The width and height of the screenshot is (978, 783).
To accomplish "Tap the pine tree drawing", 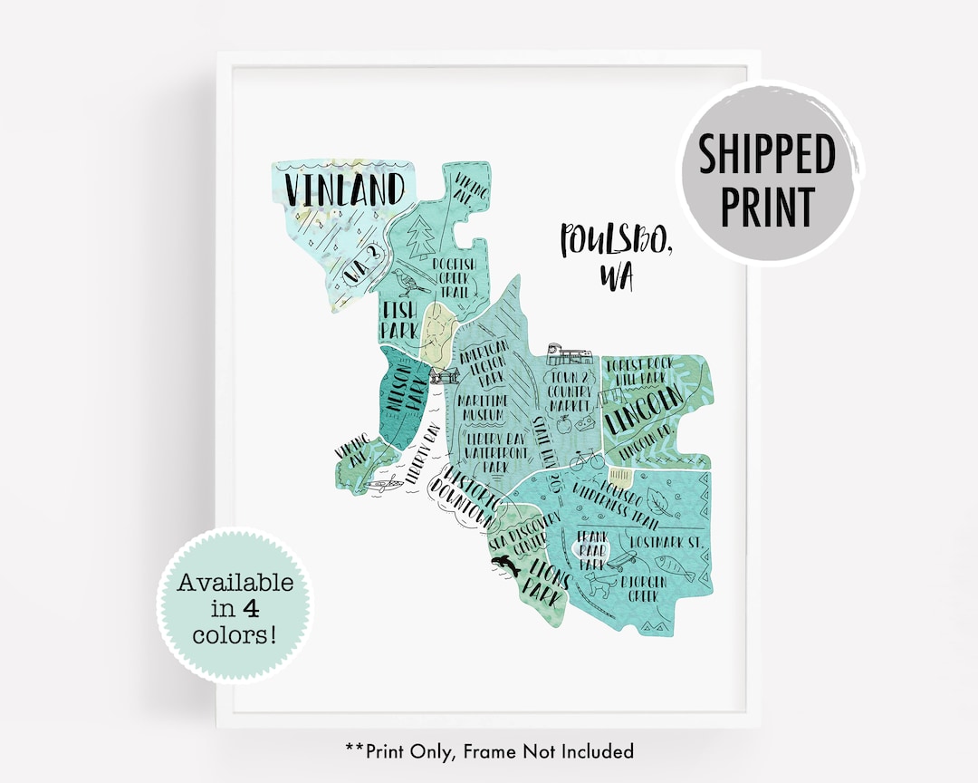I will pos(420,237).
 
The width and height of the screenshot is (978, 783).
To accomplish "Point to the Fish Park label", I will pos(398,320).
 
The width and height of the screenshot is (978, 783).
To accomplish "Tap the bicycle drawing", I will pos(587,459).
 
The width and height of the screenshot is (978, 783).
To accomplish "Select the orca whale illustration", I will pos(503,565).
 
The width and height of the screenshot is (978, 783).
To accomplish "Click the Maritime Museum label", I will pos(483,407).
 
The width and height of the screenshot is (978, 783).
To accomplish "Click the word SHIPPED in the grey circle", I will pos(766,154).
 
